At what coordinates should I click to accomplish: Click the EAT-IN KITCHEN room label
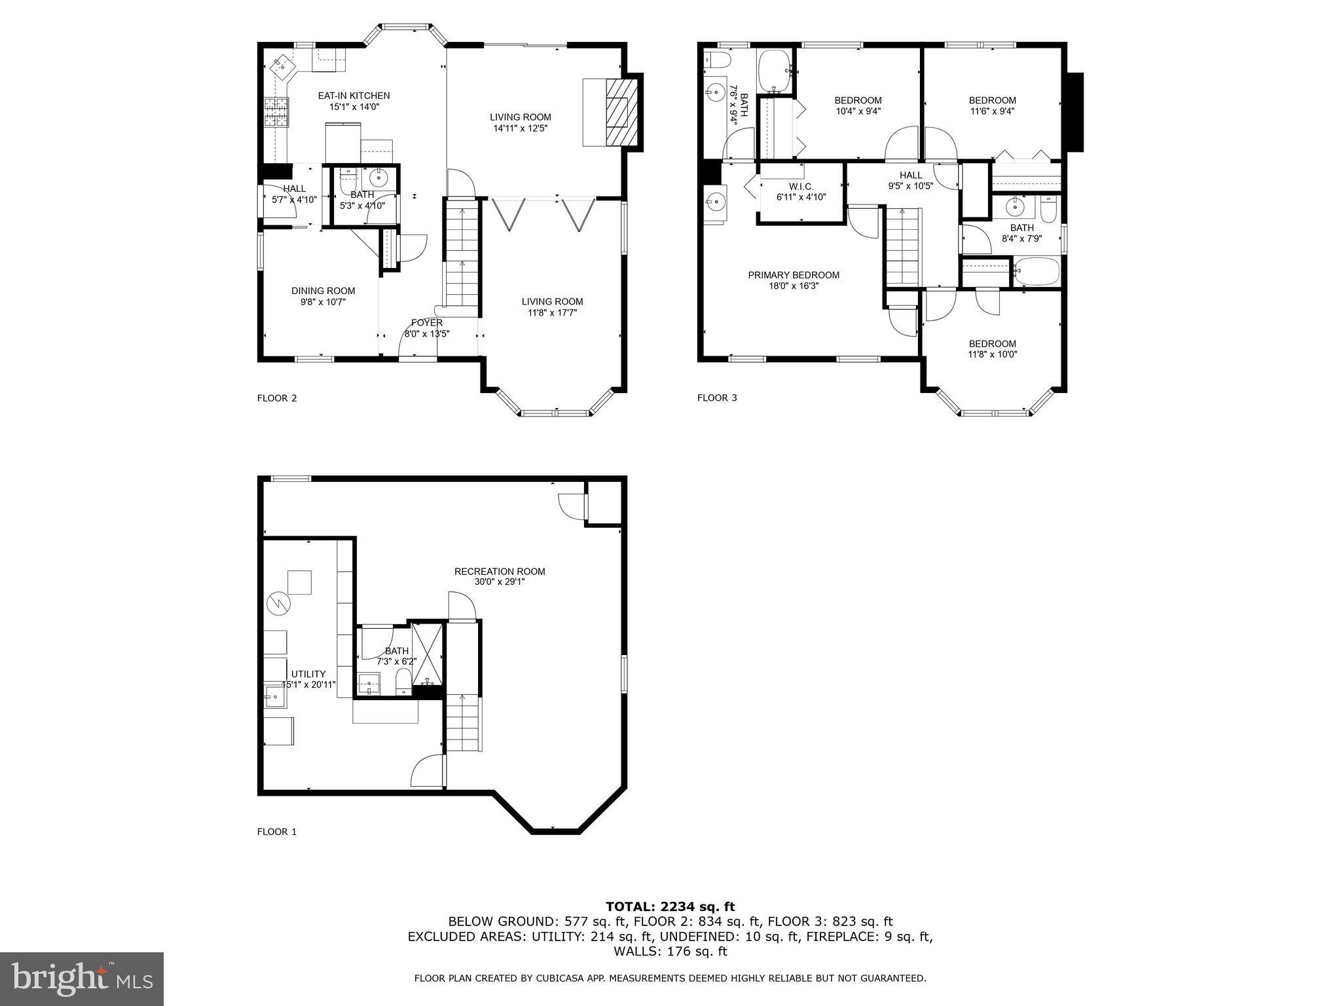click(354, 96)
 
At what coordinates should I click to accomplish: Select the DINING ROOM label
click(323, 291)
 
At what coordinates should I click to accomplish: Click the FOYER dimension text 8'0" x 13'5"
click(427, 334)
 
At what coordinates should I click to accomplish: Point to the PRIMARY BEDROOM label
click(793, 275)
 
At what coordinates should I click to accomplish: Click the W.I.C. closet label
click(801, 187)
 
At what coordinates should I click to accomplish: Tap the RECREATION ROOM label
click(500, 571)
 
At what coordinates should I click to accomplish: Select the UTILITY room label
click(308, 674)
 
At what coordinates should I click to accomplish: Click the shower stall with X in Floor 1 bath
click(428, 657)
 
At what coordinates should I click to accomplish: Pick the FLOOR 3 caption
click(717, 398)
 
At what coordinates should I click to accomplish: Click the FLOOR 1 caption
click(276, 832)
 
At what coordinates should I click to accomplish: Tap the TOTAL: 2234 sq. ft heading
click(670, 906)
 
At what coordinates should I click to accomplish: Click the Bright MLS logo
click(82, 979)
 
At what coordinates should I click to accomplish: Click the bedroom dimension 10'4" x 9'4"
click(858, 111)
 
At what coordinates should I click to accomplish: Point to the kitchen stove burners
click(276, 112)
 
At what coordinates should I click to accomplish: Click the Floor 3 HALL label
click(910, 175)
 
